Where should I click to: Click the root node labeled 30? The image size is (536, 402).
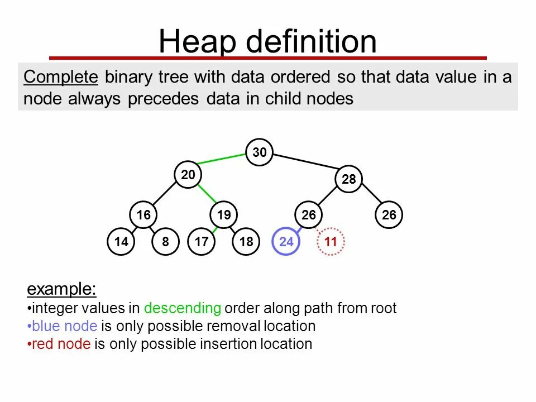click(260, 152)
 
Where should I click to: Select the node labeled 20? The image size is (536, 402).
click(188, 175)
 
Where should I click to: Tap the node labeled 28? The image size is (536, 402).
click(349, 179)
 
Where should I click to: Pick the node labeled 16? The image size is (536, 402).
click(143, 215)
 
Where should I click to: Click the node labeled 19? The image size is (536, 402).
click(224, 215)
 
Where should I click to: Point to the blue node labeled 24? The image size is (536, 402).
click(286, 242)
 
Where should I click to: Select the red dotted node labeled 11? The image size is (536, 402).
click(331, 242)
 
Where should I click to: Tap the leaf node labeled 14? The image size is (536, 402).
click(121, 242)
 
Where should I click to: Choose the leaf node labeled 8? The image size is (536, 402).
click(166, 242)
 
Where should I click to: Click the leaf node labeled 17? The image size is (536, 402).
click(202, 242)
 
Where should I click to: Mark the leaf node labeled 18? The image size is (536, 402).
click(246, 242)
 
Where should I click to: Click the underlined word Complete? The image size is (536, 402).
click(61, 77)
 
